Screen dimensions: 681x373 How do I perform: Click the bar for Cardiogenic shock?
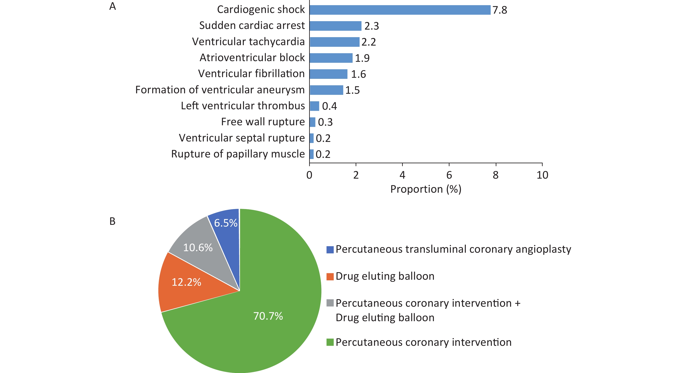(400, 10)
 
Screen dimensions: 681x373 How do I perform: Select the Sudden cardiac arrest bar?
(336, 26)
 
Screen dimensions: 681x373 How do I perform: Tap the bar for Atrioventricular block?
(331, 58)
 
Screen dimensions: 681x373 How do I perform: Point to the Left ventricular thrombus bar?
(314, 106)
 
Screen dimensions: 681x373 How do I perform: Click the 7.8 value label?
(500, 10)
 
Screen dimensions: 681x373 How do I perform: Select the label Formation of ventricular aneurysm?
(220, 90)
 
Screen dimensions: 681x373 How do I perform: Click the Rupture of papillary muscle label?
(238, 154)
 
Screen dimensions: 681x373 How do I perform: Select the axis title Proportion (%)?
(426, 189)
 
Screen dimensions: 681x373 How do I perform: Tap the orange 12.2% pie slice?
(185, 283)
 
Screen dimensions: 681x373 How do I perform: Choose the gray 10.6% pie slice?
(201, 246)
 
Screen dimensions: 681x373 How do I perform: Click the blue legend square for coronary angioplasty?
(330, 250)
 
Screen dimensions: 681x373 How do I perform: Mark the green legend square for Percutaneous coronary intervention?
(330, 342)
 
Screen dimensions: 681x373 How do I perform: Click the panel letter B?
(112, 221)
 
